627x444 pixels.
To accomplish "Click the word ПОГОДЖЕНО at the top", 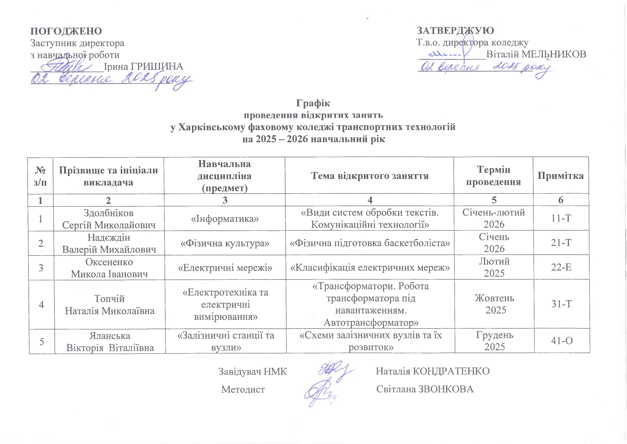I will tap(66, 31).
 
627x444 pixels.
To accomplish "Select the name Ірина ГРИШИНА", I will tap(143, 67).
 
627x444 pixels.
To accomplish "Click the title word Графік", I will tap(313, 103).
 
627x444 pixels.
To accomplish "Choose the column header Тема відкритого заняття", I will tap(370, 176).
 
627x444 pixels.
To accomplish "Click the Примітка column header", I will tap(561, 176).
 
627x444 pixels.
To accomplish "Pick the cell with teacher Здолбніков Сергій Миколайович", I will tap(109, 219).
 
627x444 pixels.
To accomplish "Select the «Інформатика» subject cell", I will tap(224, 219).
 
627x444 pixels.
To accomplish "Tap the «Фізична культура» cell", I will tap(224, 243).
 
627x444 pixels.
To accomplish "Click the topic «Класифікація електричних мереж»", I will tap(370, 268).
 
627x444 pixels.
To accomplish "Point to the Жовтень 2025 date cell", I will tap(494, 304).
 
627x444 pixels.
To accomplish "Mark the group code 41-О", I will tap(562, 341).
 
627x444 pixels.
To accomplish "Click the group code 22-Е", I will tap(561, 268).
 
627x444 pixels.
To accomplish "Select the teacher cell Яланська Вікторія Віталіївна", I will tap(110, 341).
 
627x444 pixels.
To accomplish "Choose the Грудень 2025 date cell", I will tap(494, 341).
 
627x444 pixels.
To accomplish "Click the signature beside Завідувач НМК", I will tap(334, 371).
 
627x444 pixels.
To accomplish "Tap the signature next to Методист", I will tap(320, 392).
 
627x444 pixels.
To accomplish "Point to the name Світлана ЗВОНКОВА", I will tap(425, 389).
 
